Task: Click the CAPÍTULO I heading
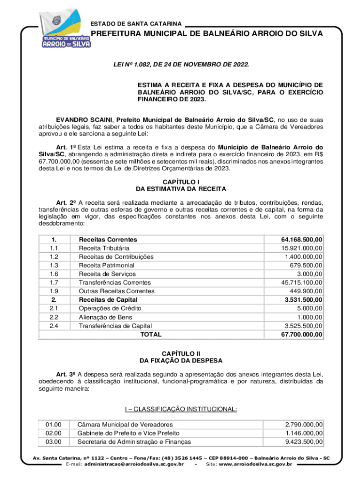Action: click(x=181, y=182)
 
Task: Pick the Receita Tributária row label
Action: click(x=104, y=248)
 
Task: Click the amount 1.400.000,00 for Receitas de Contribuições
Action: click(x=304, y=257)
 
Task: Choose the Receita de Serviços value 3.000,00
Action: click(x=309, y=274)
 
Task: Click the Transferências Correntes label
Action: click(x=115, y=282)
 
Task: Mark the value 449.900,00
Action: click(x=306, y=291)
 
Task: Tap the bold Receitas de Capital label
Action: click(x=108, y=300)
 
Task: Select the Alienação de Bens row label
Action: click(x=105, y=317)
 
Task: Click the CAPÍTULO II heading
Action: click(x=181, y=353)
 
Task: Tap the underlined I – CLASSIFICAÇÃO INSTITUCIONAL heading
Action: click(x=181, y=409)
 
